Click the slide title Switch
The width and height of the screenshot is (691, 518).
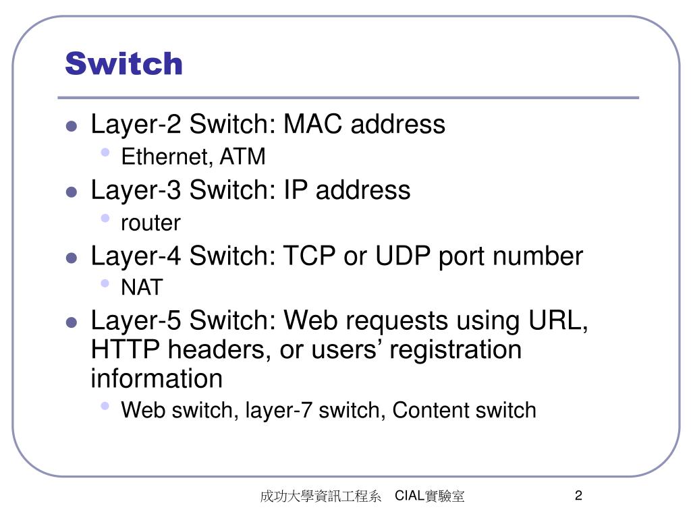coord(124,64)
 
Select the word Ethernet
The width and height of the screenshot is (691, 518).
coord(163,157)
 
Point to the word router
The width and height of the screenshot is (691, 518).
coord(150,223)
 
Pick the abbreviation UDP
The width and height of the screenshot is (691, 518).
coord(401,256)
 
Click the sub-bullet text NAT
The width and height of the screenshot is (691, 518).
coord(142,288)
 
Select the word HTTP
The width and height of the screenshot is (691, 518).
coord(126,350)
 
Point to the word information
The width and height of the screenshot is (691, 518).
coord(157,379)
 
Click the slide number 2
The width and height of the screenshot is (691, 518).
coord(578,496)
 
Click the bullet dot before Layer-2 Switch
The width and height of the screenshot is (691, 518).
coord(72,126)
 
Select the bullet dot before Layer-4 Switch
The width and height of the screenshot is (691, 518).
coord(72,258)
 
